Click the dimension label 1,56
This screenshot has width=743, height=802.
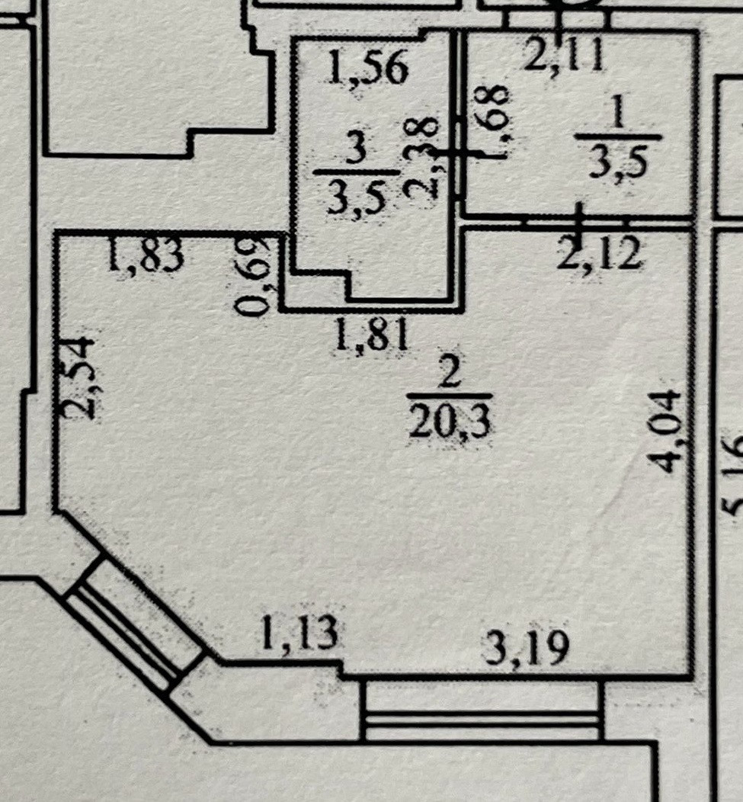click(x=368, y=69)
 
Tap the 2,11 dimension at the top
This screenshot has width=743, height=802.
click(x=563, y=55)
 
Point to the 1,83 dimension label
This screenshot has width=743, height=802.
click(x=146, y=257)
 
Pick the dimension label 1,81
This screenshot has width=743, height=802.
click(x=372, y=335)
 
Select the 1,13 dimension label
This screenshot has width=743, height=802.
click(x=298, y=634)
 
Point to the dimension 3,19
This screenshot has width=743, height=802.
click(x=527, y=649)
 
